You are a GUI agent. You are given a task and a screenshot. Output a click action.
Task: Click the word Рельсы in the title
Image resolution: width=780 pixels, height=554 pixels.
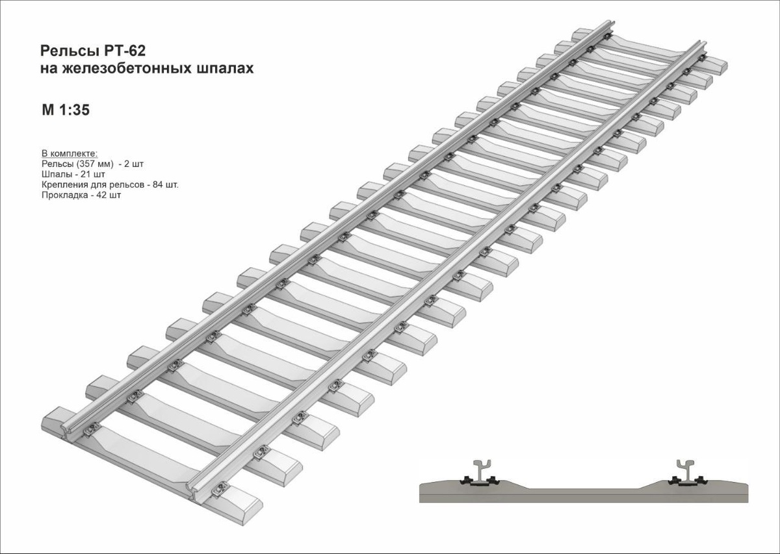click(x=64, y=51)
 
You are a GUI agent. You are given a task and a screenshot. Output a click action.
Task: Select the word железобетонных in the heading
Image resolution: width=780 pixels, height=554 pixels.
click(x=127, y=69)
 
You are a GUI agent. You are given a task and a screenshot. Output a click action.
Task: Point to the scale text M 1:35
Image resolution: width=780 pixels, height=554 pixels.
click(x=65, y=110)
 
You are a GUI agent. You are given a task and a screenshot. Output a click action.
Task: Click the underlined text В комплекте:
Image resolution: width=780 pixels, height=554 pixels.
click(x=69, y=154)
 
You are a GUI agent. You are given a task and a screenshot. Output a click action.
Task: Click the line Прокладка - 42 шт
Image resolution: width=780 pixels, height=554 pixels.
click(x=81, y=195)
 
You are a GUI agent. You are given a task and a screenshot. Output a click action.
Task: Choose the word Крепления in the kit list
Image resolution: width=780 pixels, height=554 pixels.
click(x=63, y=184)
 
